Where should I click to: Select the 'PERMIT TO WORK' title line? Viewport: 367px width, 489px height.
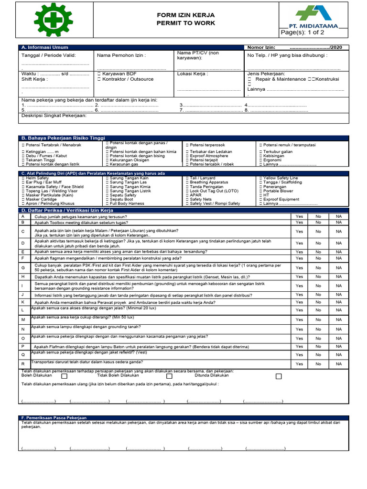(186, 23)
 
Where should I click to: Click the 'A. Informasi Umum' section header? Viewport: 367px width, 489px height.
(44, 47)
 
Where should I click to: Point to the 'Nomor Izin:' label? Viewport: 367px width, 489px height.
(261, 47)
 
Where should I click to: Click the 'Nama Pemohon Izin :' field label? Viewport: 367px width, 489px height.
(121, 55)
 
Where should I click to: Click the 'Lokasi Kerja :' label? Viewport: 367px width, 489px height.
(193, 74)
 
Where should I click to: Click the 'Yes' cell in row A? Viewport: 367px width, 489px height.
(299, 216)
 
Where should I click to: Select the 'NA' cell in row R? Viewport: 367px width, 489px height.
(339, 364)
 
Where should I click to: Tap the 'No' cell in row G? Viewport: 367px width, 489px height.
(318, 268)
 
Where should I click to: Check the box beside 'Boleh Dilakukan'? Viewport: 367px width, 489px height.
(65, 376)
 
